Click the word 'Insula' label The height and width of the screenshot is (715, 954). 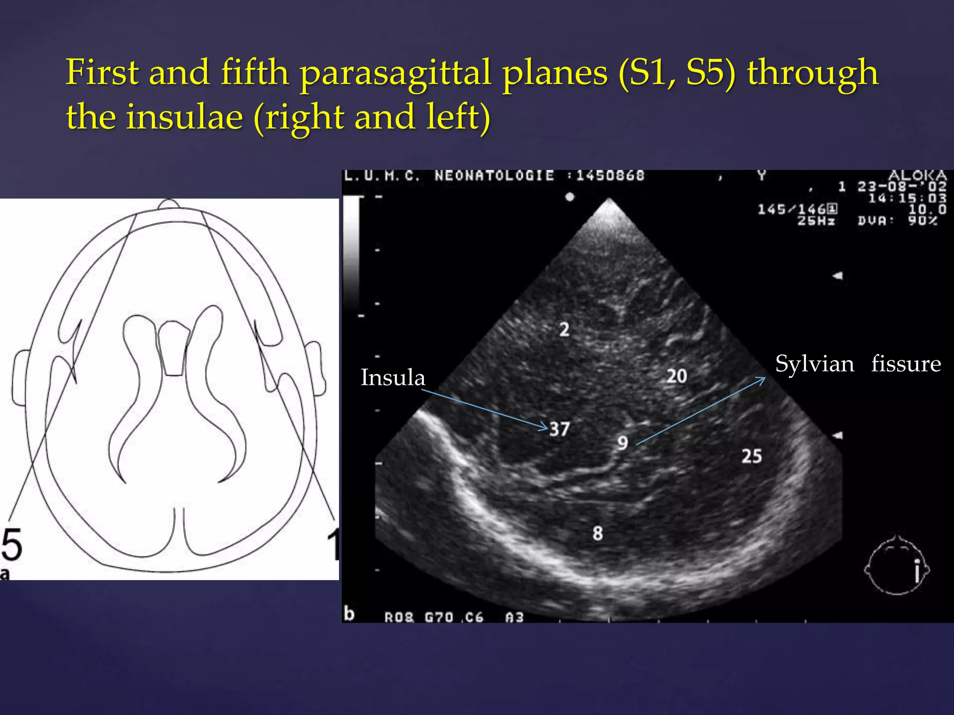[x=393, y=378]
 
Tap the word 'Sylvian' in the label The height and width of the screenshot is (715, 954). [x=815, y=364]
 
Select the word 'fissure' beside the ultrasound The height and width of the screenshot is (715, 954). [x=906, y=364]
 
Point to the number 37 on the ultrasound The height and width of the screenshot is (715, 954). [x=559, y=429]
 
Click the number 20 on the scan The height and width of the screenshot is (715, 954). [x=676, y=376]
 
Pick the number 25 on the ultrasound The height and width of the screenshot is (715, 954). [x=752, y=456]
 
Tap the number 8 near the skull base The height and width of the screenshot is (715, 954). [x=598, y=533]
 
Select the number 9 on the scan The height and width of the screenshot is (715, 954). [x=623, y=443]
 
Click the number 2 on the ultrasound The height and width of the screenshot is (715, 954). [x=564, y=330]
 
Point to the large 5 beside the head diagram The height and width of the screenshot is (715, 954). [x=12, y=545]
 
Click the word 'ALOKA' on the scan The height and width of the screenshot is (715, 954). [x=917, y=175]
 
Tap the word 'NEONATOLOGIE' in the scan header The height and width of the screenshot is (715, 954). [x=494, y=176]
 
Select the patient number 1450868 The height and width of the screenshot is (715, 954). [x=610, y=176]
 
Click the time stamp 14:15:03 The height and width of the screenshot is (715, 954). [x=907, y=198]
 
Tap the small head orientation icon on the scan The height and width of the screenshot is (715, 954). [x=897, y=566]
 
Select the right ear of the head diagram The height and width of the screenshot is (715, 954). [x=316, y=368]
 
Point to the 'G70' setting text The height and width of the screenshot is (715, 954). [x=439, y=617]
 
